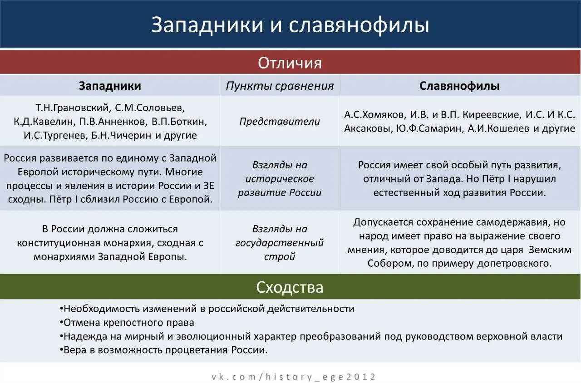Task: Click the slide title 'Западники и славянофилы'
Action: (x=290, y=25)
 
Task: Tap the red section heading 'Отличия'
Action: (x=290, y=63)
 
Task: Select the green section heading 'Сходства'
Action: (x=290, y=287)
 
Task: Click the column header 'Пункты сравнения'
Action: (x=280, y=86)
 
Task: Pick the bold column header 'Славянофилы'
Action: (x=459, y=86)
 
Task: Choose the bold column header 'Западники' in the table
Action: (x=110, y=86)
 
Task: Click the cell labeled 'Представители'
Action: (x=280, y=122)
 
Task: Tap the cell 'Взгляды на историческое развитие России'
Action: (x=280, y=179)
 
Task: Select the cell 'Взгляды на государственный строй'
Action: (x=280, y=243)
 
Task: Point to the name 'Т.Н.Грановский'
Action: (x=73, y=108)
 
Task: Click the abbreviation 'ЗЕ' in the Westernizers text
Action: (x=209, y=186)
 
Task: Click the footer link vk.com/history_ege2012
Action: (x=294, y=377)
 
